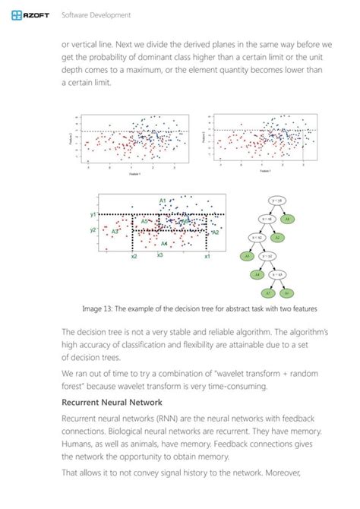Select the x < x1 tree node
[267, 219]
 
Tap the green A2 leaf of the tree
[277, 237]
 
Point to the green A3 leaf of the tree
[247, 256]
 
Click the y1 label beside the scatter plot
[93, 215]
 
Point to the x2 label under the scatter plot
[133, 256]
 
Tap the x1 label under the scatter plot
[207, 256]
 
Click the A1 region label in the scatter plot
[163, 201]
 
